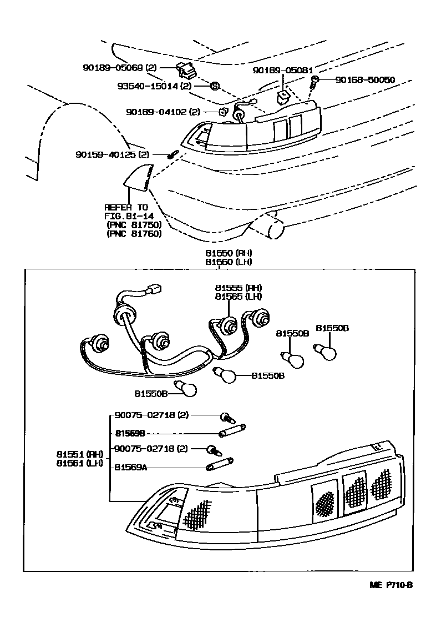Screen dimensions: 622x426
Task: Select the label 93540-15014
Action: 148,86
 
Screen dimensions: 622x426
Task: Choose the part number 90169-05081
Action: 283,71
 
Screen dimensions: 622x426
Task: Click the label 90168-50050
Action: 364,80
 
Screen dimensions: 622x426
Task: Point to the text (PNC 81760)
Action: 133,234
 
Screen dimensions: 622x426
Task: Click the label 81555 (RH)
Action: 239,288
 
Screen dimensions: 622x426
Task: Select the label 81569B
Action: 130,433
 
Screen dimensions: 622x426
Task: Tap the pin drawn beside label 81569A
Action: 220,463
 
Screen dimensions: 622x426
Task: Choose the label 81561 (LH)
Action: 79,463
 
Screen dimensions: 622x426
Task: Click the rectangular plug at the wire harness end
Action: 155,289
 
